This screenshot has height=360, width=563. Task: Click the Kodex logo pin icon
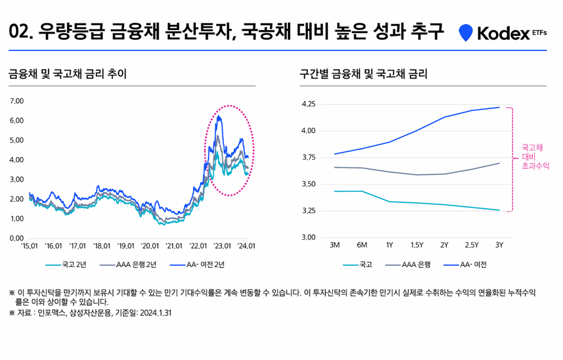[x=465, y=34]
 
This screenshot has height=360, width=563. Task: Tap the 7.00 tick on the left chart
[x=17, y=101]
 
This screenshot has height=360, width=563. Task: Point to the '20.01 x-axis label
[x=150, y=246]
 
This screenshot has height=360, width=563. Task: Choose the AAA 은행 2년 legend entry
[x=130, y=264]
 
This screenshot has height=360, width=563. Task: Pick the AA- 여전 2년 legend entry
[x=198, y=264]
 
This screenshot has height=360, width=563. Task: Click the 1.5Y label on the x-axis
[x=416, y=246]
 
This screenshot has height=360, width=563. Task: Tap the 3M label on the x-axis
[x=335, y=246]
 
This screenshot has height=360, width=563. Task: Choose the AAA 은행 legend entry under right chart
[x=420, y=264]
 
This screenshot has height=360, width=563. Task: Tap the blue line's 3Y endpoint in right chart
[x=499, y=107]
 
